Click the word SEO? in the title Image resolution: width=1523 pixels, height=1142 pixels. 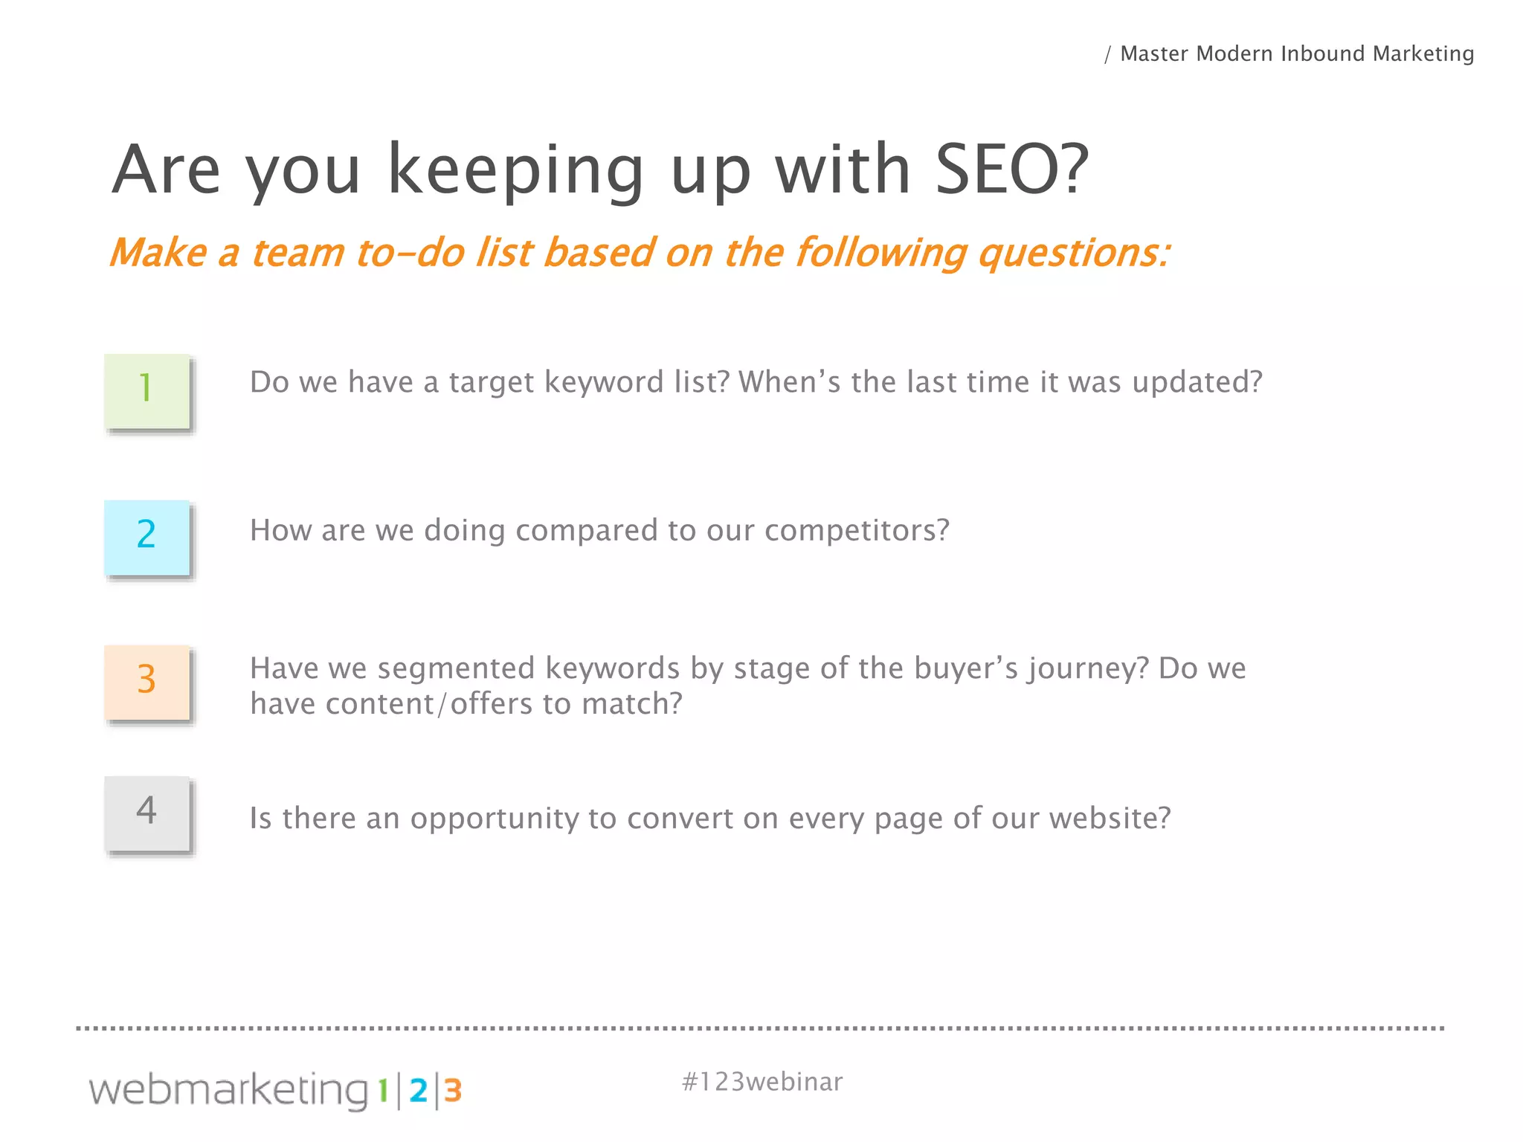[x=1011, y=170]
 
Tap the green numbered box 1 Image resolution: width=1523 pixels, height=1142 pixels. [x=147, y=391]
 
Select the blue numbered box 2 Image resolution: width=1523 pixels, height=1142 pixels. [x=147, y=537]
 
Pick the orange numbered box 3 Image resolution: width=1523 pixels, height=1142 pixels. [x=147, y=683]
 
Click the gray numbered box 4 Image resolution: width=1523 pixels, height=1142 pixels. [x=147, y=813]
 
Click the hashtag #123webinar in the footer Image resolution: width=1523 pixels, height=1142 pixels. [x=761, y=1082]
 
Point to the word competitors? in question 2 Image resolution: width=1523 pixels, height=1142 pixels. [x=857, y=531]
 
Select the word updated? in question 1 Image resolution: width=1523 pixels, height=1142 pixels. [x=1197, y=383]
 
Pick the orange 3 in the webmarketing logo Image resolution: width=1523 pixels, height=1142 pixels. [x=453, y=1091]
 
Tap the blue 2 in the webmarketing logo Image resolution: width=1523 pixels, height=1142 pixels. [x=419, y=1091]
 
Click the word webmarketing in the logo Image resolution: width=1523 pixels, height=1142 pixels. [x=228, y=1091]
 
